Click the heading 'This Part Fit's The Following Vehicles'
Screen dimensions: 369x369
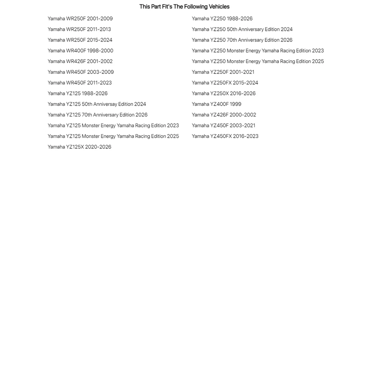click(x=184, y=7)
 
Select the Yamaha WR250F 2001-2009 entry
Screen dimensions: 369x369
click(x=80, y=18)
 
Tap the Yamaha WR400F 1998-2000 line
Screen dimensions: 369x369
click(x=80, y=51)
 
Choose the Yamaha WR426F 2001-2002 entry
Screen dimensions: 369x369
click(x=80, y=61)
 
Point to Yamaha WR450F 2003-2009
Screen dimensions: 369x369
click(x=81, y=72)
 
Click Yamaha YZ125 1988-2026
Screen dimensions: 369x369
click(x=78, y=93)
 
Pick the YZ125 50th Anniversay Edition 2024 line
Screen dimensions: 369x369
click(x=97, y=104)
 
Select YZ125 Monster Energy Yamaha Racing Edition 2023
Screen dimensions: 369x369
click(x=113, y=126)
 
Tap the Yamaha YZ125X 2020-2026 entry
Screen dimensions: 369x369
click(x=79, y=147)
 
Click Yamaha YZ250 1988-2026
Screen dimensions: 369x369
click(x=222, y=18)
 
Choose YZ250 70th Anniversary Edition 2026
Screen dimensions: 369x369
click(x=242, y=40)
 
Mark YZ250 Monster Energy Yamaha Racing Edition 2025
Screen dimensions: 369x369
click(x=258, y=61)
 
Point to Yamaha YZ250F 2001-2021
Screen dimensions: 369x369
click(x=223, y=72)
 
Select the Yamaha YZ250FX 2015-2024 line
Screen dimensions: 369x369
click(x=225, y=83)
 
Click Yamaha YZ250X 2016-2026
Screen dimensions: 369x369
click(x=224, y=93)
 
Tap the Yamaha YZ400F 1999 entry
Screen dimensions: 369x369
click(x=216, y=104)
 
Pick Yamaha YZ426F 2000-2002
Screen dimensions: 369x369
click(x=224, y=115)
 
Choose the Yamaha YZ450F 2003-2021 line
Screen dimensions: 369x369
click(x=223, y=126)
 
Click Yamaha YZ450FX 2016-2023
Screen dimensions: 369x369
click(x=225, y=136)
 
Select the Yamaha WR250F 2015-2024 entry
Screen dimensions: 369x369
click(x=80, y=40)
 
